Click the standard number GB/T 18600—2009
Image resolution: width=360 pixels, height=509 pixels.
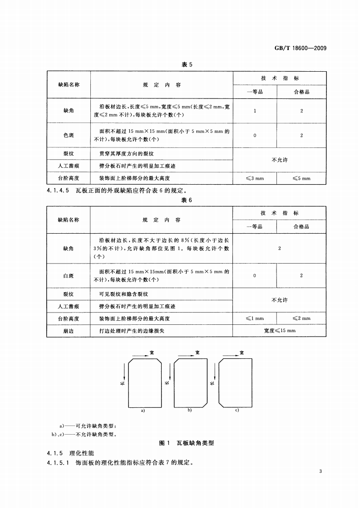301,49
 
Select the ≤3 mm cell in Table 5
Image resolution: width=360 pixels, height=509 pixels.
255,178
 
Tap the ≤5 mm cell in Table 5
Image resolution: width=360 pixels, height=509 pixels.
301,178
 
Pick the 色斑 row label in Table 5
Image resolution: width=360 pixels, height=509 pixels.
69,135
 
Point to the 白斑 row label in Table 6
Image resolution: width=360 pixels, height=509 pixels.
69,275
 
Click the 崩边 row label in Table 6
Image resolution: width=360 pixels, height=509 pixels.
69,331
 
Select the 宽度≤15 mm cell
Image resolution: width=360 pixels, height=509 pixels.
279,331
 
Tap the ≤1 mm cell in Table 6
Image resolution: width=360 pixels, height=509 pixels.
255,318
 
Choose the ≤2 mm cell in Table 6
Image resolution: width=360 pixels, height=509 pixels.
301,318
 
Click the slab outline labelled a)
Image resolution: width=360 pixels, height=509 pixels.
145,382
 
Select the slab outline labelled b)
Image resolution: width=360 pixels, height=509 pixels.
190,382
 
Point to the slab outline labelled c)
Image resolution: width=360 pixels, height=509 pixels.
235,382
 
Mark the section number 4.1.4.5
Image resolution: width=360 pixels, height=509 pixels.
57,191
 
